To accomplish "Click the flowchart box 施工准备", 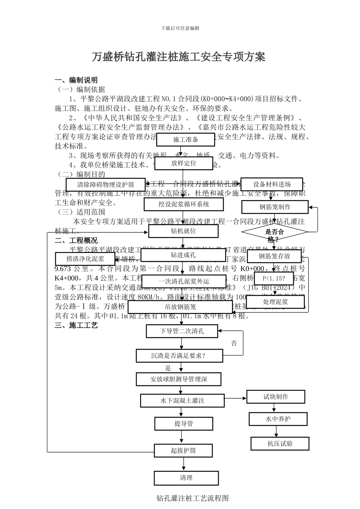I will point(186,139).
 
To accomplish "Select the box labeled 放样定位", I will point(184,163).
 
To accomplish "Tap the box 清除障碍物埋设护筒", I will point(106,185).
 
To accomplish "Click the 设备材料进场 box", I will point(272,184).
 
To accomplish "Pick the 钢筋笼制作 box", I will point(275,207).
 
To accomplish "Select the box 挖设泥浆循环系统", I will point(184,204).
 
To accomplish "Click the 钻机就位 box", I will point(183,231).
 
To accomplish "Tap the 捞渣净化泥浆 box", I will point(85,259).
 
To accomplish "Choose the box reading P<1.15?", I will point(274,279).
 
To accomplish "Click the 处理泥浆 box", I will point(275,302).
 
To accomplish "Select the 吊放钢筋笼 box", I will point(180,307).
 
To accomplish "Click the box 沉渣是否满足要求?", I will point(179,356).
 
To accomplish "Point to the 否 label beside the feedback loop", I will point(234,343).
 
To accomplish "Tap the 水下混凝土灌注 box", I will point(183,400).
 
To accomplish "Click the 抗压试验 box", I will point(280,443).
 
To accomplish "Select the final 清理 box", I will point(186,478).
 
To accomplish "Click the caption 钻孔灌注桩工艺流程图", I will point(193,498).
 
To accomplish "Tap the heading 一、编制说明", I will point(76,80).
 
